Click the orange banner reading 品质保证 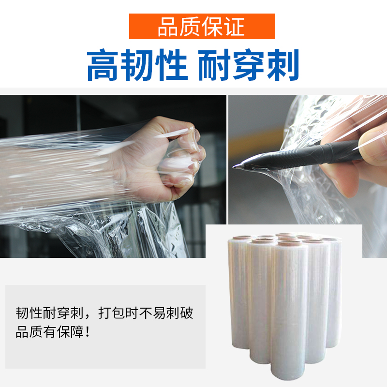(202, 26)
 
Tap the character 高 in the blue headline (103, 65)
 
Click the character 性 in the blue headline (171, 65)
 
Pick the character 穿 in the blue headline (248, 65)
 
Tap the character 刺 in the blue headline (283, 65)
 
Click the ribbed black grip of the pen (321, 154)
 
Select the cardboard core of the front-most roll (290, 243)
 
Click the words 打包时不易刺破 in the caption (146, 313)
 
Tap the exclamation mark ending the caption (88, 332)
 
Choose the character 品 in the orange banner (167, 27)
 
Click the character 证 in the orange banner (235, 27)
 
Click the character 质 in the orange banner (190, 27)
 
